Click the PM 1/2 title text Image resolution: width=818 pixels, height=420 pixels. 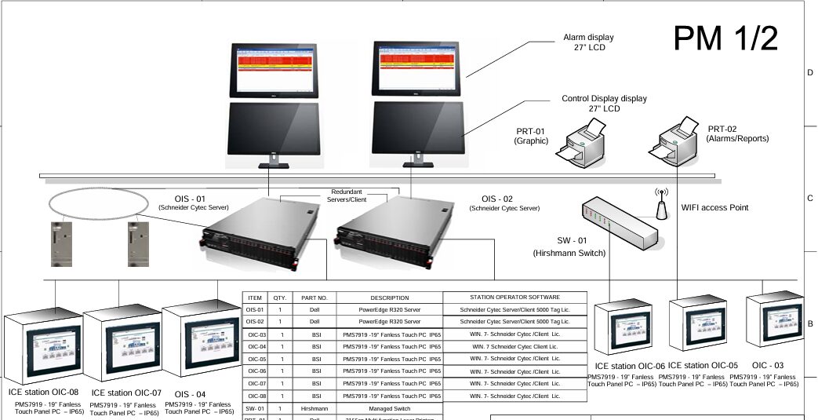point(725,37)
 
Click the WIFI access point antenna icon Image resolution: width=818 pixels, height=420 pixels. point(660,205)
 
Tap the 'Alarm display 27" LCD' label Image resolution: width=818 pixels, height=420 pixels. point(588,42)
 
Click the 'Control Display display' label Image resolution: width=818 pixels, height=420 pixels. point(604,99)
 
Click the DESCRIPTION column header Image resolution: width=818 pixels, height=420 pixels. point(390,298)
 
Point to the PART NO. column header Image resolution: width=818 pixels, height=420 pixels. point(314,298)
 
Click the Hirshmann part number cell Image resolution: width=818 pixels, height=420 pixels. point(314,408)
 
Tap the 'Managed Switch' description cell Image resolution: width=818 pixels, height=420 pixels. point(390,408)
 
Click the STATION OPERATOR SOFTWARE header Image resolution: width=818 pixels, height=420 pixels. point(514,298)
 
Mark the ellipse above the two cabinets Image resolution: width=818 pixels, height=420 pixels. point(97,203)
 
